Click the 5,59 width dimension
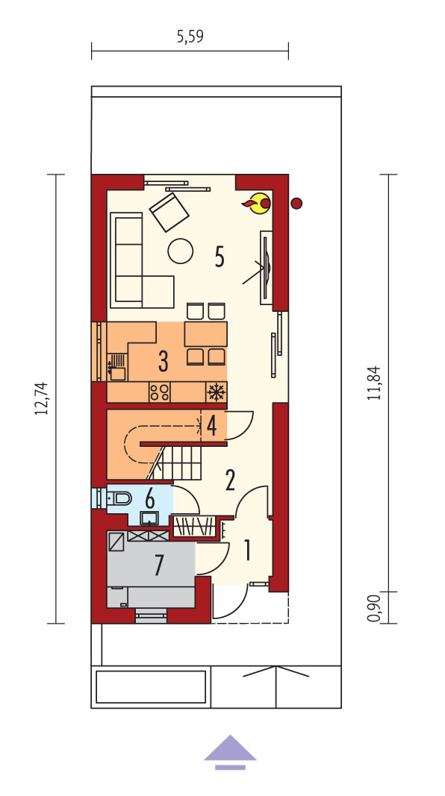click(x=190, y=37)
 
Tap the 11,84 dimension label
click(x=374, y=383)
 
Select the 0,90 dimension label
click(x=374, y=608)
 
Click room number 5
click(x=220, y=257)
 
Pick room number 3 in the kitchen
click(x=163, y=360)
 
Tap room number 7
click(x=159, y=565)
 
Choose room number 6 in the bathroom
click(x=150, y=498)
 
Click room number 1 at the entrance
click(x=247, y=551)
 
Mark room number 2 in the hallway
click(x=230, y=480)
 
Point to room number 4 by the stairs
click(x=212, y=427)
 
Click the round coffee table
click(x=181, y=251)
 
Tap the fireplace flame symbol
click(x=258, y=203)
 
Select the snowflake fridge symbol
click(x=217, y=392)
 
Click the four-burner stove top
click(x=160, y=392)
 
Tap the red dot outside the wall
click(x=296, y=204)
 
